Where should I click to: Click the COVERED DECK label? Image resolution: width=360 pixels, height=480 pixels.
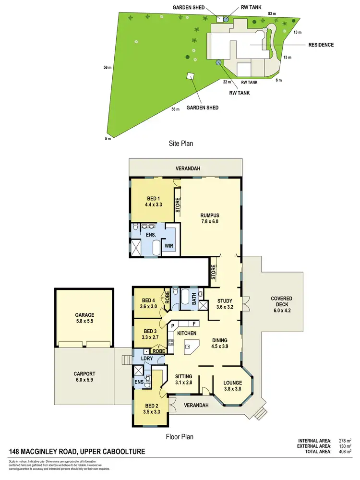tap(281, 302)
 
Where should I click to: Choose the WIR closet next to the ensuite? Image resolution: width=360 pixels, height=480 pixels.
tap(168, 246)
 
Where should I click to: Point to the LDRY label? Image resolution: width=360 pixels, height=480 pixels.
tap(146, 359)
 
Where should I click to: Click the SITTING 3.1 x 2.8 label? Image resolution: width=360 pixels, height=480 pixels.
tap(183, 380)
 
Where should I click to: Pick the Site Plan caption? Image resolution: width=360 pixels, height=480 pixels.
tap(180, 143)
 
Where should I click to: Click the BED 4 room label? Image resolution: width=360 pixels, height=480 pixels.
tap(148, 303)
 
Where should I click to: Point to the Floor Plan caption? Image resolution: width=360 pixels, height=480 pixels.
tap(179, 437)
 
